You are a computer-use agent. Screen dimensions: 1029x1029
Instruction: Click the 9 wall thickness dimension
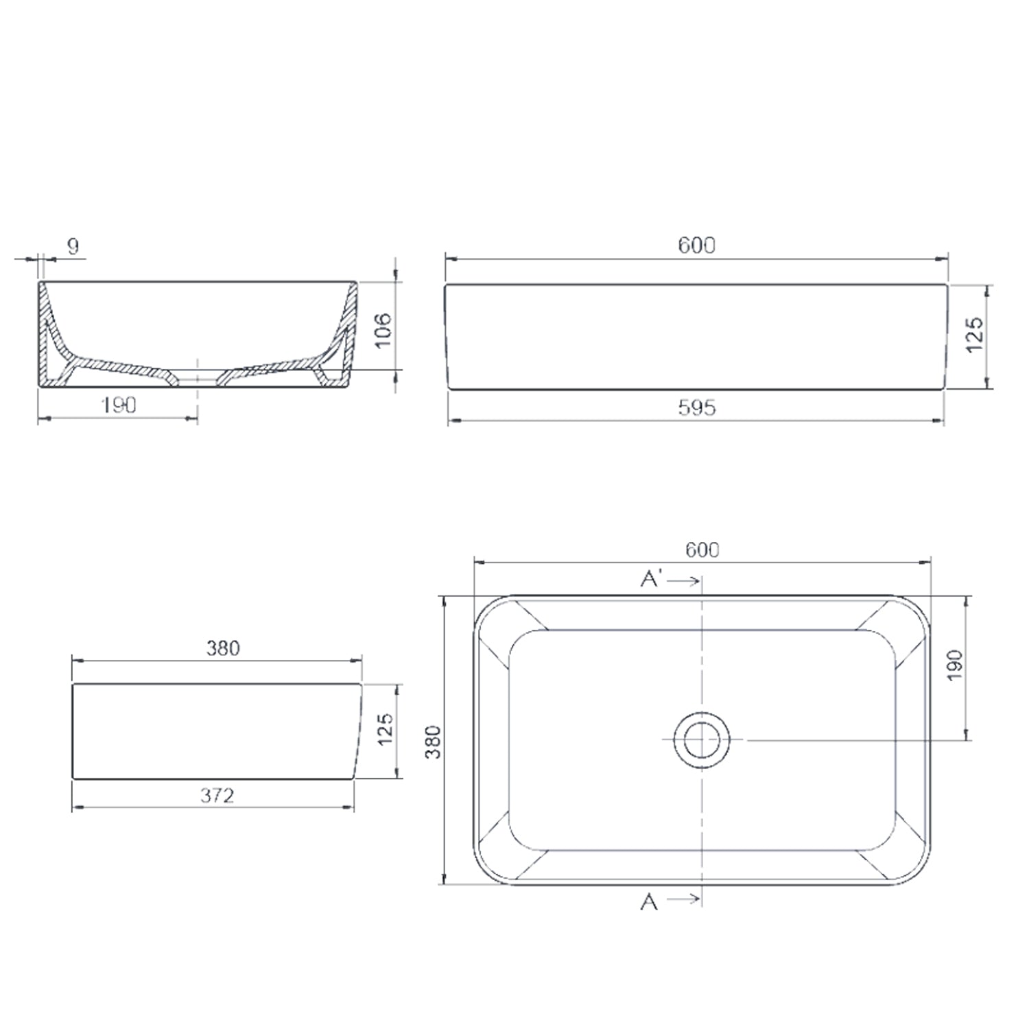coord(73,246)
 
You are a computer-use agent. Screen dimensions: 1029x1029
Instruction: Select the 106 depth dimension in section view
coord(383,329)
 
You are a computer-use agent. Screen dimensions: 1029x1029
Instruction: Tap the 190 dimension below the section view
coord(119,405)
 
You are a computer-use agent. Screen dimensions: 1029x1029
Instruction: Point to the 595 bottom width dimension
coord(696,408)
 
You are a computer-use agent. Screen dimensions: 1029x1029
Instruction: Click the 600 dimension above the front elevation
coord(696,245)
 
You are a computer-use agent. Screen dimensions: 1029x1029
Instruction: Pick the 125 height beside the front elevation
coord(975,335)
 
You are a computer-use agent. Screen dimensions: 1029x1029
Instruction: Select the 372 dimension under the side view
coord(217,795)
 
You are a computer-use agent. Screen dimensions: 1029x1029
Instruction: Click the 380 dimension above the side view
coord(223,648)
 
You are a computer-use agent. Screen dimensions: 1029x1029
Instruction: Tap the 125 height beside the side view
coord(385,729)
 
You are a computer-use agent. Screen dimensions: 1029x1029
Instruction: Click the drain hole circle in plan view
coord(701,740)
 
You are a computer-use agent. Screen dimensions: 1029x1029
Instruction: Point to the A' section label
coord(650,580)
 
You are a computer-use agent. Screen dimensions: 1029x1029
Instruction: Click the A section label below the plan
coord(649,902)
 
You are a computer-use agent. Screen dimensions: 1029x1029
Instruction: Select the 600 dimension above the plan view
coord(702,549)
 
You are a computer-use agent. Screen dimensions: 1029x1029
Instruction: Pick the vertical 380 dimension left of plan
coord(433,741)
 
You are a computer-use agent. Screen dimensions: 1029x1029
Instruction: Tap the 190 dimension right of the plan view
coord(954,665)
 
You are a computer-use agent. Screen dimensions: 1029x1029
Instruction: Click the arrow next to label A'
coord(683,581)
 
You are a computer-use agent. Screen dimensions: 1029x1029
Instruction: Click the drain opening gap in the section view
coord(198,377)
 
